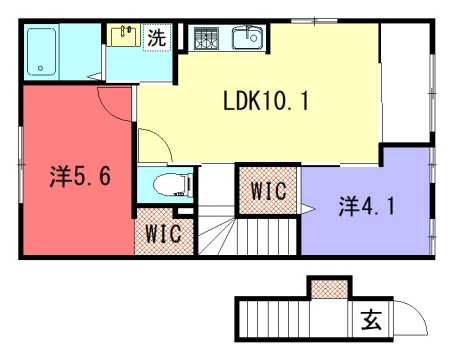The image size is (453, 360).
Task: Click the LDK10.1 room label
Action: pyautogui.click(x=266, y=101)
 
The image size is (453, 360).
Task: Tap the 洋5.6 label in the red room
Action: pyautogui.click(x=80, y=176)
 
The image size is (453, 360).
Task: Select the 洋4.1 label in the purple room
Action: pyautogui.click(x=366, y=206)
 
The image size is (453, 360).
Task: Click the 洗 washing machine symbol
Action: pyautogui.click(x=157, y=37)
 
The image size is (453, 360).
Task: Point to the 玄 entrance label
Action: pyautogui.click(x=371, y=320)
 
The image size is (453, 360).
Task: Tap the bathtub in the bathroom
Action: pyautogui.click(x=41, y=52)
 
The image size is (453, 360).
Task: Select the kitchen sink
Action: pyautogui.click(x=247, y=37)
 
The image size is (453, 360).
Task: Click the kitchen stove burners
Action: pyautogui.click(x=206, y=38)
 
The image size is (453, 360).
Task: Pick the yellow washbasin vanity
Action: pyautogui.click(x=125, y=36)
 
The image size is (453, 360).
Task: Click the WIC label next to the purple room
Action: pyautogui.click(x=268, y=191)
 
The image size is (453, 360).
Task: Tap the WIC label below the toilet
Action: pyautogui.click(x=164, y=233)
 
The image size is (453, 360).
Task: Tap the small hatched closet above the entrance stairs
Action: pyautogui.click(x=330, y=289)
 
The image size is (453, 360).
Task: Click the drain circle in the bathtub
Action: pyautogui.click(x=41, y=69)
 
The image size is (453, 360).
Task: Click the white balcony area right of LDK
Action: pyautogui.click(x=405, y=83)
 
